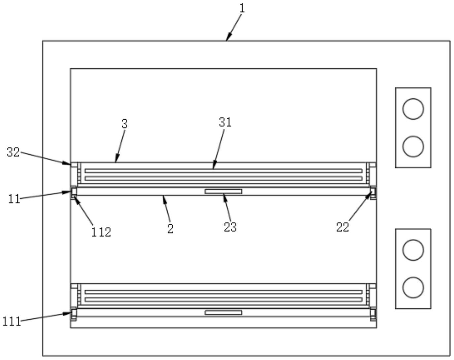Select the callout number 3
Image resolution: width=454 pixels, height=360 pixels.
(124, 124)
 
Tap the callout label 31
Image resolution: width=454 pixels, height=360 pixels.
(225, 123)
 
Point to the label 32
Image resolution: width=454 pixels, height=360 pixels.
(13, 153)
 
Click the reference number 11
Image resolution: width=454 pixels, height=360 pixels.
(14, 199)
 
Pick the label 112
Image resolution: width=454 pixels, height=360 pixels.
(101, 232)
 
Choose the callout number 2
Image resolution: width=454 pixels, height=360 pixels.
(170, 229)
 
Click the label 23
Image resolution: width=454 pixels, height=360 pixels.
(230, 227)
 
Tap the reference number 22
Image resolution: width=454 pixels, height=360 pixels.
(342, 227)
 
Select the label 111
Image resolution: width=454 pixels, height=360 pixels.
(12, 321)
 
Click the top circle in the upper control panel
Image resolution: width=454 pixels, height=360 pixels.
(413, 109)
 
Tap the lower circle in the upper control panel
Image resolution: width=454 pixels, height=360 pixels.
(413, 146)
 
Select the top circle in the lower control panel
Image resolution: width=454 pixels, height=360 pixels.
(413, 250)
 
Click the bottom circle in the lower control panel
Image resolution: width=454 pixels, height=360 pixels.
(413, 287)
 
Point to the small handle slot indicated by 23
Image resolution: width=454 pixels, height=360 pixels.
(223, 192)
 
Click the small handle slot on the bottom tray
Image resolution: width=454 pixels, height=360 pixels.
(223, 312)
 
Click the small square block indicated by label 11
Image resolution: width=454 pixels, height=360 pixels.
(74, 191)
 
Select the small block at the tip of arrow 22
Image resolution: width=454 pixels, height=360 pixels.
(373, 191)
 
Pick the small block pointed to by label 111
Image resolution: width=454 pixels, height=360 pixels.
(74, 312)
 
